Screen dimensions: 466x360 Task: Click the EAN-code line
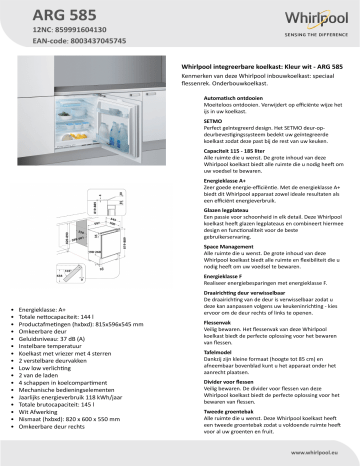click(62, 45)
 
